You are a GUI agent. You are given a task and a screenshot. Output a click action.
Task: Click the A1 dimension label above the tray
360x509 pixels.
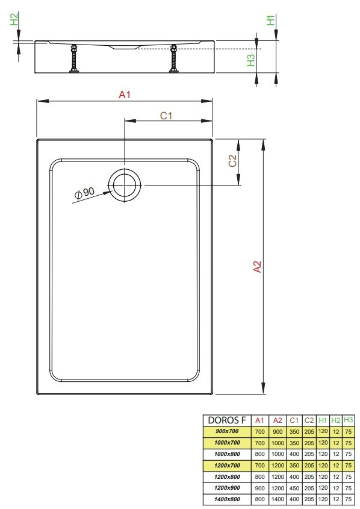(125, 95)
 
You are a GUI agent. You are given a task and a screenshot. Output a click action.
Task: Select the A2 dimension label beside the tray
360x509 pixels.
(257, 266)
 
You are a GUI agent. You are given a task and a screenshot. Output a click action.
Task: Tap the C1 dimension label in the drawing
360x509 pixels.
(166, 116)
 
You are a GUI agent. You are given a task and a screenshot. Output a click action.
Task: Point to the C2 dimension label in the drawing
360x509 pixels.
(232, 161)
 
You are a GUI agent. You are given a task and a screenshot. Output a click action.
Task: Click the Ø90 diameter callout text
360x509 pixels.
(85, 193)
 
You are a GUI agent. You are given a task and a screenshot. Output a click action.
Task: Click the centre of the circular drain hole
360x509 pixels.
(125, 185)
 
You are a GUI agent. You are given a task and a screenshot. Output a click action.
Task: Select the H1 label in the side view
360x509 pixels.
(270, 20)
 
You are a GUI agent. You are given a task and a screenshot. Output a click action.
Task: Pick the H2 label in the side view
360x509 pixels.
(14, 19)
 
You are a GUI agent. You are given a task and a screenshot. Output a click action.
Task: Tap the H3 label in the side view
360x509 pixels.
(250, 60)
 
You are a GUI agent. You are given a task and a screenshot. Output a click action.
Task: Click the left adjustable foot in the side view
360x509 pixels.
(74, 58)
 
